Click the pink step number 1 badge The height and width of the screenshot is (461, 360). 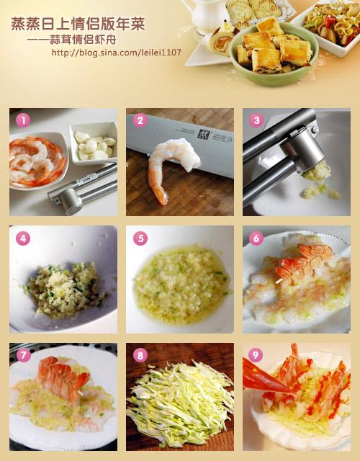[23, 120]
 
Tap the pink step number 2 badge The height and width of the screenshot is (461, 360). [140, 120]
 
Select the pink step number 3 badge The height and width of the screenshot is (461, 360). [256, 120]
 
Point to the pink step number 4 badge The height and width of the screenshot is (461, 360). [23, 238]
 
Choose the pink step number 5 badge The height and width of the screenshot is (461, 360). [140, 238]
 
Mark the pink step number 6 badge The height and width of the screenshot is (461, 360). [256, 238]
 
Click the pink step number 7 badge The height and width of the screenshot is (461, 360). [24, 356]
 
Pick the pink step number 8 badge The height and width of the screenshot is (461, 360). [140, 355]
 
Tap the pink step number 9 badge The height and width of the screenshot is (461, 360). [256, 355]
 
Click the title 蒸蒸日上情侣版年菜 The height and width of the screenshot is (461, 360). [78, 24]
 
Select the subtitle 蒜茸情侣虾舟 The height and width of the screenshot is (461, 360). [83, 40]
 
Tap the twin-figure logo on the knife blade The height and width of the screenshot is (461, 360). [203, 135]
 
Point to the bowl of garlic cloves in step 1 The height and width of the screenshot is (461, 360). [94, 143]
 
